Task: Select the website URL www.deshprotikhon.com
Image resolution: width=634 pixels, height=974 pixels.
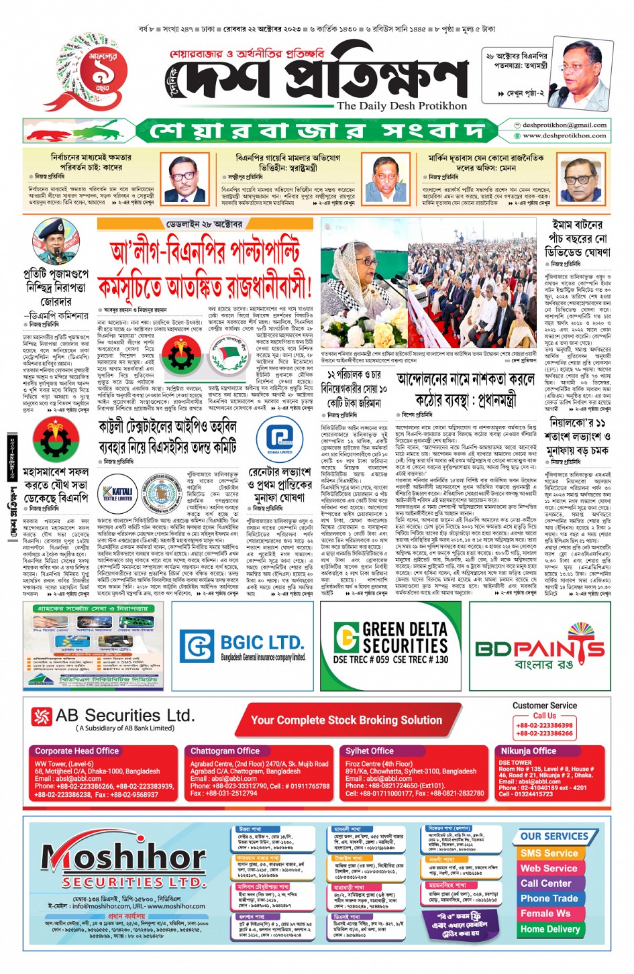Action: point(564,136)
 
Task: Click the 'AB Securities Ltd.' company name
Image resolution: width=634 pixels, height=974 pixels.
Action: point(125,716)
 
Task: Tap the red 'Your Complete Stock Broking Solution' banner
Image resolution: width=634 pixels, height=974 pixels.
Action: point(346,720)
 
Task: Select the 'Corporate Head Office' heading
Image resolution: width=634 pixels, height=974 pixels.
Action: point(76,751)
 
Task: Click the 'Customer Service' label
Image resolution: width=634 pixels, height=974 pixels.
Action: point(544,706)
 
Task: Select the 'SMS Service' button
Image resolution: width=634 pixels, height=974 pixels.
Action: point(549,853)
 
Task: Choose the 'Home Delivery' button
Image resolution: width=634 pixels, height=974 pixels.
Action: point(549,929)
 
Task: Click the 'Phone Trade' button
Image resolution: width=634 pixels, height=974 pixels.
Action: point(549,898)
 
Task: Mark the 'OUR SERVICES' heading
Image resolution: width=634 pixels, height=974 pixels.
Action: point(554,836)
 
